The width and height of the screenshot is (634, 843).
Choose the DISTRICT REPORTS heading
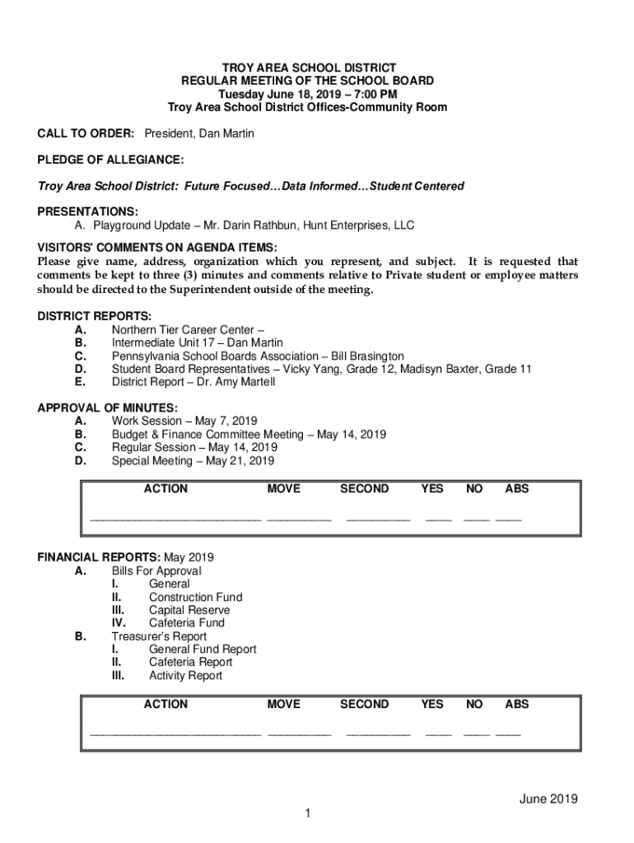pos(95,317)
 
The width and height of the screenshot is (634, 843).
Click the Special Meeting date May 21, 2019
pos(240,461)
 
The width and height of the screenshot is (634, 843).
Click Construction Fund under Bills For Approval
pos(195,597)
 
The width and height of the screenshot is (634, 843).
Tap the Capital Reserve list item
pos(189,610)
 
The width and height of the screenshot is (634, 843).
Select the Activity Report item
pos(185,676)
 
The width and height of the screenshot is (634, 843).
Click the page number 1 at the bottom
pos(307,814)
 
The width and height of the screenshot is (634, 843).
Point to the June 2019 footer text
pos(548,799)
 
